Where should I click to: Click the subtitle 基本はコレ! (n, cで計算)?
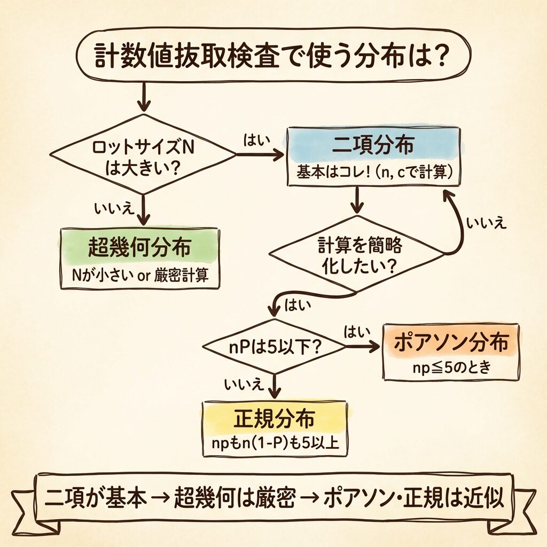click(373, 173)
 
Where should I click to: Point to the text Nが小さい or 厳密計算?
click(139, 276)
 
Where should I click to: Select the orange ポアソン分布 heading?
click(451, 344)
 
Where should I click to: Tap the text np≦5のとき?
click(451, 368)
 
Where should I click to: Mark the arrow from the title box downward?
click(143, 99)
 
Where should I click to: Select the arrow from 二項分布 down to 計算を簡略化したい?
click(356, 201)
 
